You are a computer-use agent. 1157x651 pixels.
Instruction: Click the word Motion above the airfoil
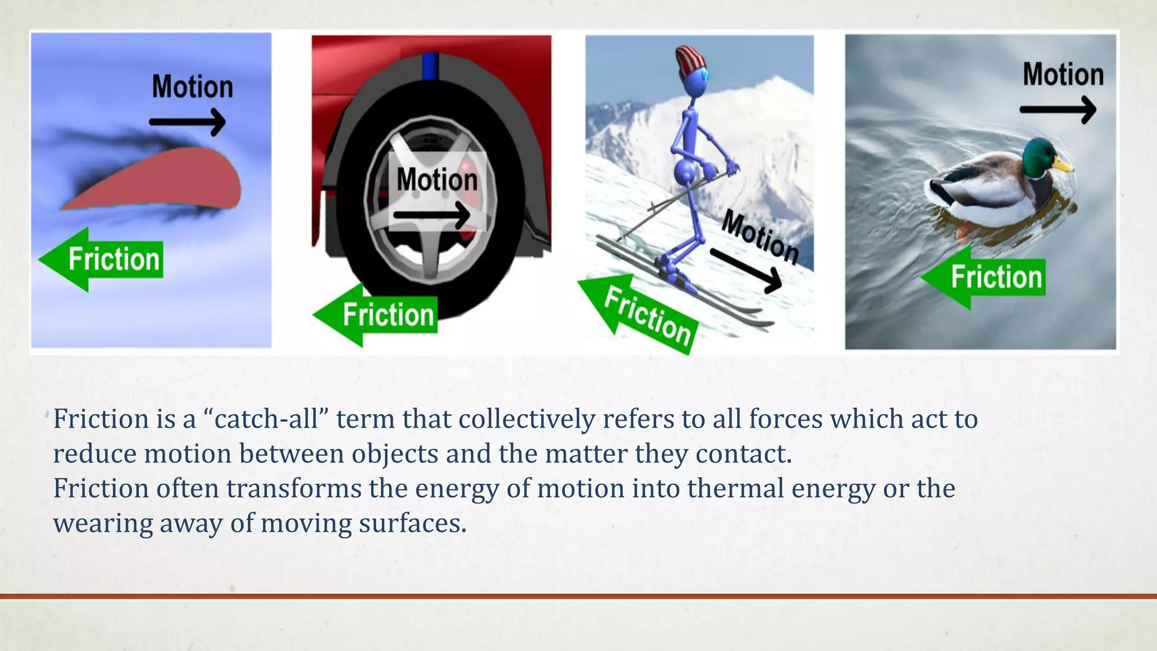(192, 87)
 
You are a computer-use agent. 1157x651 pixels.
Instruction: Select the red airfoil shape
(169, 181)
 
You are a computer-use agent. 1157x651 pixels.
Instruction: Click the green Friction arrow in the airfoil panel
(102, 259)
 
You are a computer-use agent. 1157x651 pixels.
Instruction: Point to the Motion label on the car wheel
(437, 180)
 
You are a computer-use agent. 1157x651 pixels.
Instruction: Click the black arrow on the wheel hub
(432, 215)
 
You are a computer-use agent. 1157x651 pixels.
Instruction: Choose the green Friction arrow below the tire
(376, 315)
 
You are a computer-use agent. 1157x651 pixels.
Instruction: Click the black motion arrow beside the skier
(746, 270)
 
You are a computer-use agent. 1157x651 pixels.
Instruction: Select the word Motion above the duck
(1063, 75)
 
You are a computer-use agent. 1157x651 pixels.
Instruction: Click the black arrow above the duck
(1058, 110)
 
